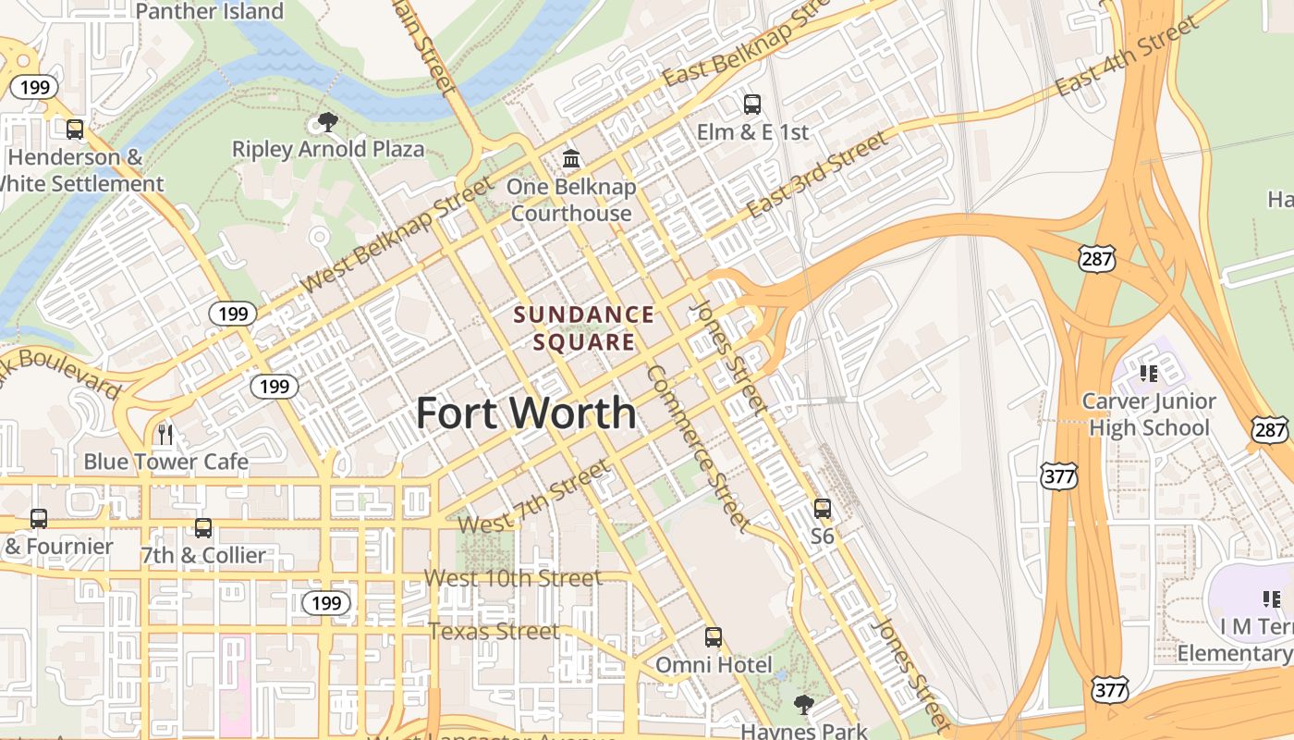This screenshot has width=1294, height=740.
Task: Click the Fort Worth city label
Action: point(526,413)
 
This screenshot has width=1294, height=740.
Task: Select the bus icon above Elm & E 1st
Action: point(752,104)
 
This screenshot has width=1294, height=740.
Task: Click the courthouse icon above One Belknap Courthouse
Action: point(571,159)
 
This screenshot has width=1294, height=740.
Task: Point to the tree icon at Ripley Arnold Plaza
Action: point(327,121)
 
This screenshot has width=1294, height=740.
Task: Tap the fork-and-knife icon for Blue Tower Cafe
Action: point(165,434)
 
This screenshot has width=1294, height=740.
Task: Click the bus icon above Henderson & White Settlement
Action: point(75,129)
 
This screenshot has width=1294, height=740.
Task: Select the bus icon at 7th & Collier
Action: point(202,528)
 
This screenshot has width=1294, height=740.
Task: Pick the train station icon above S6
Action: point(822,508)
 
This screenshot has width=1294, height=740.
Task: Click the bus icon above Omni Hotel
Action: point(713,637)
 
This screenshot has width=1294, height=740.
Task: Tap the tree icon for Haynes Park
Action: point(804,705)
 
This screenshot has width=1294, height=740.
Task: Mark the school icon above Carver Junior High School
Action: point(1149,374)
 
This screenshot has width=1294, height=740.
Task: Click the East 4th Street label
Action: point(1127,57)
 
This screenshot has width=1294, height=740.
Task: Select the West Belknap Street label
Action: point(398,235)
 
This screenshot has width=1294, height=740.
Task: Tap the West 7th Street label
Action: point(534,497)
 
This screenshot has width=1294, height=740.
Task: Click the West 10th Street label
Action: point(512,578)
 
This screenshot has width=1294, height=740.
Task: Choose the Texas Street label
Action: point(494,632)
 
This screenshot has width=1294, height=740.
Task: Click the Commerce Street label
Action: point(698,448)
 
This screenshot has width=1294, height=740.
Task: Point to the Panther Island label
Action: point(210,11)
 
